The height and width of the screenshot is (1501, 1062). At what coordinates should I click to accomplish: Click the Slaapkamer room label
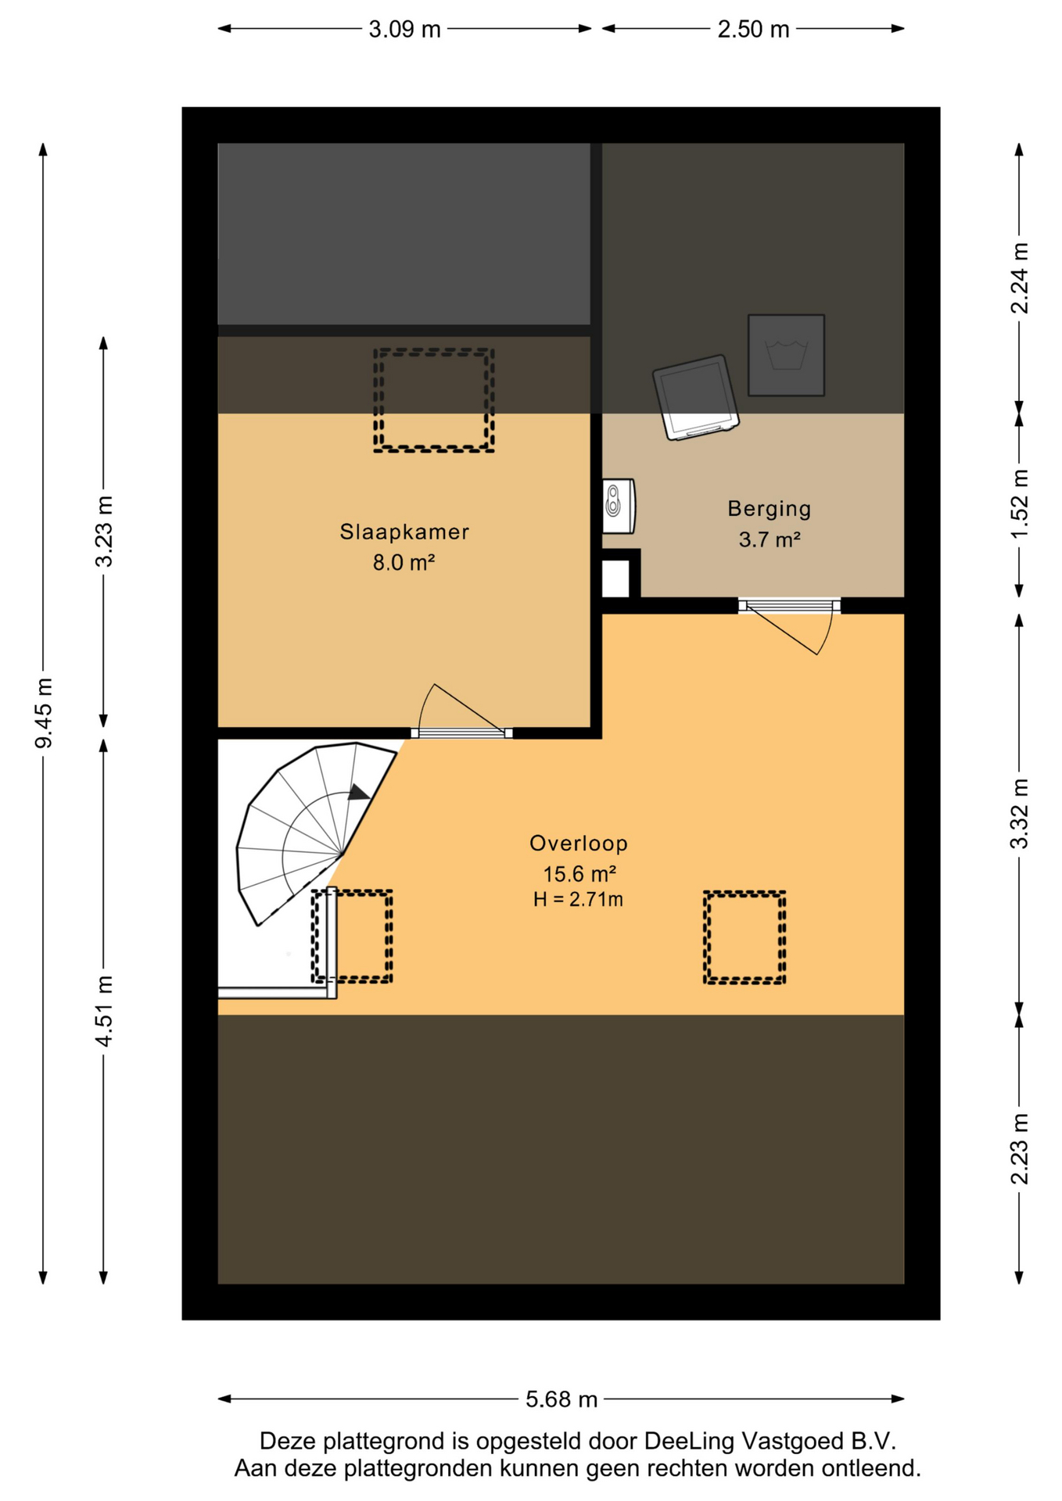coord(404,532)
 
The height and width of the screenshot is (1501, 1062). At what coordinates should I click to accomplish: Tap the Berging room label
coord(770,509)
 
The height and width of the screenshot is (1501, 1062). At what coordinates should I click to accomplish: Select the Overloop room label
coord(579,843)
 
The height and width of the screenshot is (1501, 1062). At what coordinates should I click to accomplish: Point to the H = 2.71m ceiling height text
coord(578,899)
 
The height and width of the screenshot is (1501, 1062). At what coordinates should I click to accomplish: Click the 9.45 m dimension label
coord(44,712)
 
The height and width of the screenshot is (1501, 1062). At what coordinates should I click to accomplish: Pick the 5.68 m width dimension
coord(561,1399)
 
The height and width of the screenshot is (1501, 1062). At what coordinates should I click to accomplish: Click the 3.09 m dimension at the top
coord(404,29)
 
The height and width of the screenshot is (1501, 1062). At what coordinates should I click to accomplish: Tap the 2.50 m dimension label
coord(753,29)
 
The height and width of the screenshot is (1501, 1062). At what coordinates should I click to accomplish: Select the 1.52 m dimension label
coord(1019,503)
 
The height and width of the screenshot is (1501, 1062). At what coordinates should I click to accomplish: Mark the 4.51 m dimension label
coord(104,1010)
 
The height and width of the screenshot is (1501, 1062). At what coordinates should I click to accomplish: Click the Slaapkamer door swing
coord(461,708)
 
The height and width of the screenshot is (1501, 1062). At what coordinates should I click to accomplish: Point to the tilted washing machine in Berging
coord(696,397)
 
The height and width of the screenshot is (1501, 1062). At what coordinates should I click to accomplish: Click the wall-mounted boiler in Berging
coord(618,506)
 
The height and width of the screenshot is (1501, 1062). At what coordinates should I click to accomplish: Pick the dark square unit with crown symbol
coord(786,355)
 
